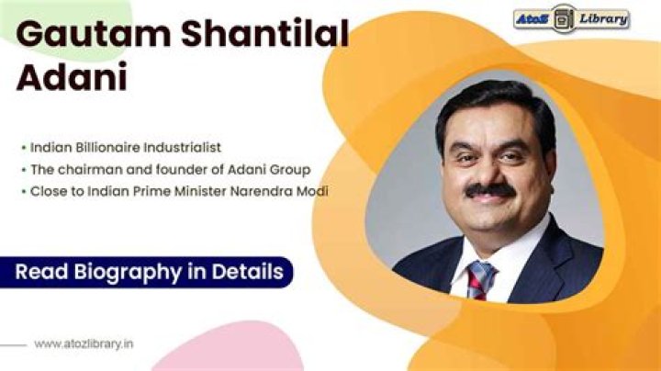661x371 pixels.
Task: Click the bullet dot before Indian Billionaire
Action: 23,147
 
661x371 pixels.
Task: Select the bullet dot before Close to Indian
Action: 23,191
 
